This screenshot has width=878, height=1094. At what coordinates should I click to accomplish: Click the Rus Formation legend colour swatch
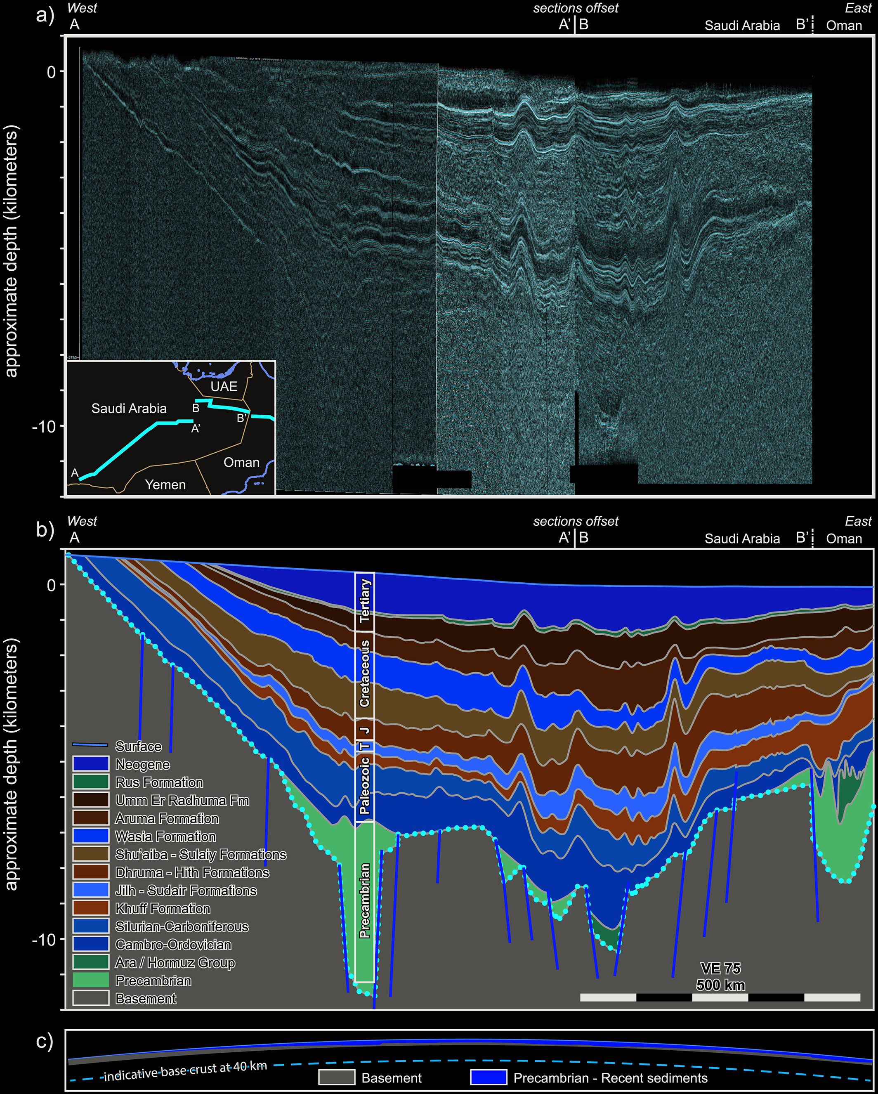click(90, 782)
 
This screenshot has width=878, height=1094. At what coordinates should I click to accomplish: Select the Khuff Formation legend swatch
click(90, 908)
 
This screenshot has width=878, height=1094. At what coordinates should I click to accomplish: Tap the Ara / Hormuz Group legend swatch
click(90, 962)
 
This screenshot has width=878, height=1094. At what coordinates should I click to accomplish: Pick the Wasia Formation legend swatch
click(90, 836)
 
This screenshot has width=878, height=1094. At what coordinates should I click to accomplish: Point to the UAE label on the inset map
click(224, 386)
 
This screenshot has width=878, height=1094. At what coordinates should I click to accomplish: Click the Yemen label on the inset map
click(165, 484)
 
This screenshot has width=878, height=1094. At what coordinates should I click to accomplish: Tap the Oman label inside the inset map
click(241, 462)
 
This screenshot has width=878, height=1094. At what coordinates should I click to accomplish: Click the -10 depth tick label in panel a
click(44, 426)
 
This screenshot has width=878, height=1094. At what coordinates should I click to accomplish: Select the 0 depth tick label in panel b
click(51, 585)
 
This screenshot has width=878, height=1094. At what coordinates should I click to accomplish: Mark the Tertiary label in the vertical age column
click(365, 601)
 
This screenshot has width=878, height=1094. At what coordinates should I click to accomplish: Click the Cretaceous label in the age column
click(365, 674)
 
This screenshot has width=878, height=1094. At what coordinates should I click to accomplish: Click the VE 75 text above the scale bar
click(720, 968)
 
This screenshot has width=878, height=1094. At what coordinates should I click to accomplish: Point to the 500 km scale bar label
click(720, 985)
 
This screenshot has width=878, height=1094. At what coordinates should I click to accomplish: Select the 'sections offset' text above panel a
click(576, 8)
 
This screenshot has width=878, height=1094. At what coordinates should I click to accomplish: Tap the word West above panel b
click(82, 521)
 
